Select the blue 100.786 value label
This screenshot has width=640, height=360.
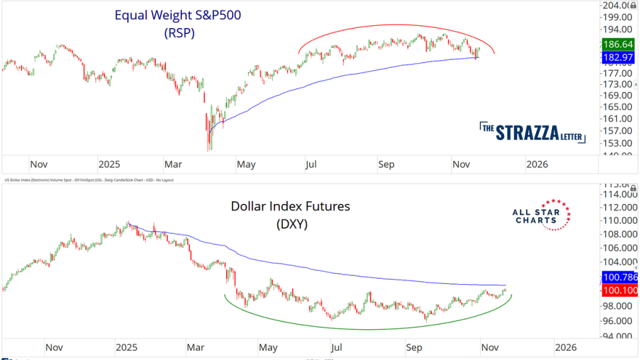[x=619, y=277]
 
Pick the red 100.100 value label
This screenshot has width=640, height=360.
[x=619, y=291]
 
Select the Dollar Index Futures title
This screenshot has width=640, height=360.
[x=290, y=206]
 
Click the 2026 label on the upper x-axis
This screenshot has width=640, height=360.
[x=537, y=164]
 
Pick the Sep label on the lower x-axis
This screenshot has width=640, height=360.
[x=414, y=347]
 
